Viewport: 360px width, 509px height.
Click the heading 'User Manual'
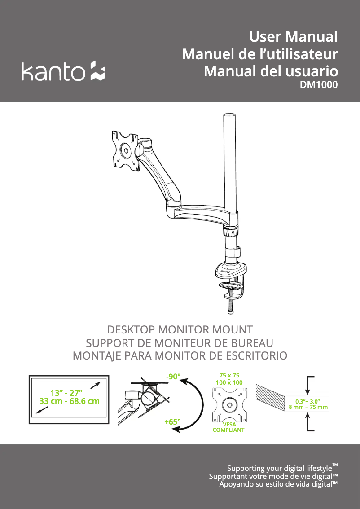coord(293,36)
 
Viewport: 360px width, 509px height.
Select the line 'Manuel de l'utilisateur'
coord(260,54)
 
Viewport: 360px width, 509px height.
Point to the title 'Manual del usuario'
coord(271,71)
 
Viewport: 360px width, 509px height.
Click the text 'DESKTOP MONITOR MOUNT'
coord(180,329)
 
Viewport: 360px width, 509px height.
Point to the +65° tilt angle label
coord(172,422)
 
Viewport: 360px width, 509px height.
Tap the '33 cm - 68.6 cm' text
coord(69,401)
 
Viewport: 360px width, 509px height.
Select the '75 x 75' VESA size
coord(229,375)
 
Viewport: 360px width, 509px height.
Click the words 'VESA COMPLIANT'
coord(228,427)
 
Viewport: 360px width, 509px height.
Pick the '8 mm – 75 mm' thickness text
coord(308,408)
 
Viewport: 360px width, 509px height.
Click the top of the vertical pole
coord(230,118)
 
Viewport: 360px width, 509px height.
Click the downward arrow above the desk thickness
coord(307,386)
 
